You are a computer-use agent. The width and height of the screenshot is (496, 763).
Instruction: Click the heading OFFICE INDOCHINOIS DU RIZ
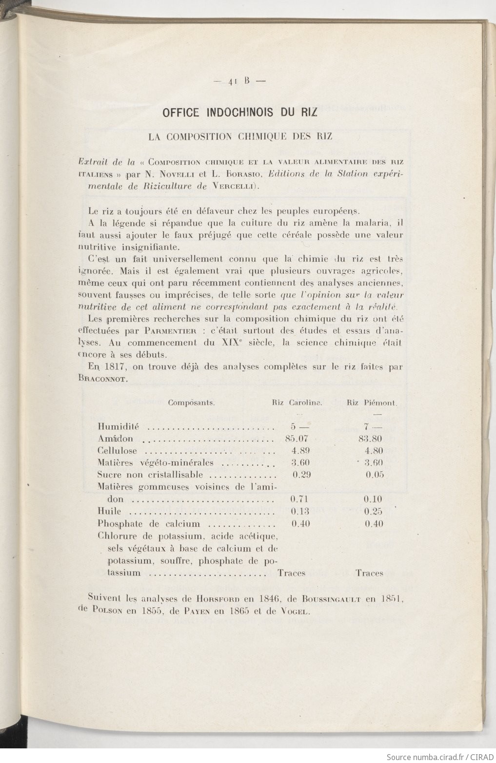pyautogui.click(x=239, y=113)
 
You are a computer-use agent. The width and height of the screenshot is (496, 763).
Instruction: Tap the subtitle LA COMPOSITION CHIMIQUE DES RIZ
pyautogui.click(x=240, y=136)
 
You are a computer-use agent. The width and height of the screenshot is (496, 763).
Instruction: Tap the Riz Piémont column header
pyautogui.click(x=372, y=403)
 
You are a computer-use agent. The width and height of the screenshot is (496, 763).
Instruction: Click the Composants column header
pyautogui.click(x=192, y=403)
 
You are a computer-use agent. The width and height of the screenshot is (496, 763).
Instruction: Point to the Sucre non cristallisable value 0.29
pyautogui.click(x=301, y=475)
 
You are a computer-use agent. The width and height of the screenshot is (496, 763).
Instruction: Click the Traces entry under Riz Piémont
pyautogui.click(x=369, y=573)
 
